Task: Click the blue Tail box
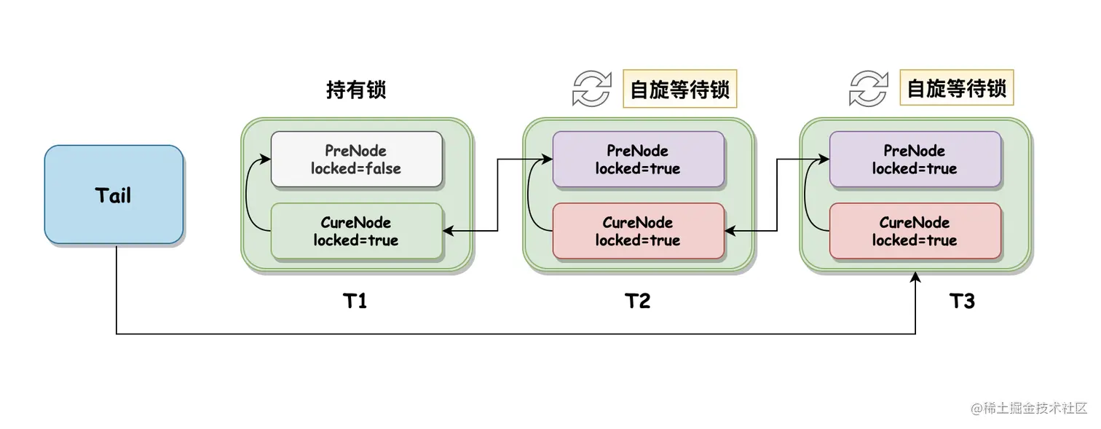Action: pyautogui.click(x=114, y=194)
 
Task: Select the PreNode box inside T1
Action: pyautogui.click(x=356, y=159)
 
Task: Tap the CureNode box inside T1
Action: pyautogui.click(x=356, y=231)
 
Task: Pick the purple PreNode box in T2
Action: pyautogui.click(x=638, y=159)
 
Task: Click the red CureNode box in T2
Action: pyautogui.click(x=638, y=231)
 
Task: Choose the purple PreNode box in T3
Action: pyautogui.click(x=915, y=159)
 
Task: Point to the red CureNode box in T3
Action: pyautogui.click(x=915, y=231)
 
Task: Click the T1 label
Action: pyautogui.click(x=355, y=301)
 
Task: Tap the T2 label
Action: pyautogui.click(x=638, y=301)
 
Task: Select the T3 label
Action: pyautogui.click(x=963, y=301)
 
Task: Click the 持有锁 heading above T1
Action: pyautogui.click(x=355, y=90)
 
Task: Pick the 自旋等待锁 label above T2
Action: pyautogui.click(x=679, y=89)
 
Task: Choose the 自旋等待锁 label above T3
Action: pyautogui.click(x=956, y=89)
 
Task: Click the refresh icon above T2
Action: pyautogui.click(x=591, y=89)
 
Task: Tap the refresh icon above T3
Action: pyautogui.click(x=868, y=89)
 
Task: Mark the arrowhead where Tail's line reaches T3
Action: pyautogui.click(x=915, y=277)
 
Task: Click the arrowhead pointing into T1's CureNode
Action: pyautogui.click(x=449, y=231)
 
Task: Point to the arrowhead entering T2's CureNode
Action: pyautogui.click(x=730, y=231)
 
